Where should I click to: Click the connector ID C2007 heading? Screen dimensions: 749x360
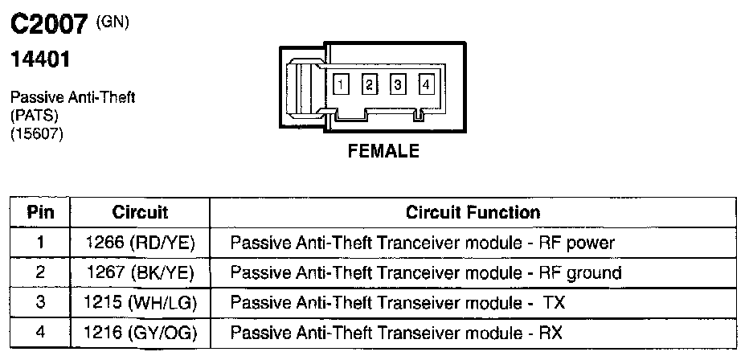(48, 26)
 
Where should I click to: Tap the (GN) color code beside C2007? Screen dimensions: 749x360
(113, 22)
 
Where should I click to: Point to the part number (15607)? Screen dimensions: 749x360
(36, 133)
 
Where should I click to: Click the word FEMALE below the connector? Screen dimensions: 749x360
(383, 151)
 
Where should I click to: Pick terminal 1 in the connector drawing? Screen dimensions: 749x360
(342, 84)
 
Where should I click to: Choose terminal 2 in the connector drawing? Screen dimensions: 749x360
(370, 84)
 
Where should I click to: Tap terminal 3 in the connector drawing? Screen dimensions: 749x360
(397, 84)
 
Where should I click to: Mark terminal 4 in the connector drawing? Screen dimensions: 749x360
(425, 84)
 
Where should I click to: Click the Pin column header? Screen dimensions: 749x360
(40, 213)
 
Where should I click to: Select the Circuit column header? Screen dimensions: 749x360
(140, 213)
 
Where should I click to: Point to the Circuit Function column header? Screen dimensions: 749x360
(473, 213)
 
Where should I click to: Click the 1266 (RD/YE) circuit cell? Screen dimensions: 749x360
(140, 243)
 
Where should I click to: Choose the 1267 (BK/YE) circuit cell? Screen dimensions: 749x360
(140, 273)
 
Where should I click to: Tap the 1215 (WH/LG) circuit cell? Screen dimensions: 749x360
(140, 303)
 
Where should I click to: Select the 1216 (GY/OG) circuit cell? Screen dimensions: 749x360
(140, 333)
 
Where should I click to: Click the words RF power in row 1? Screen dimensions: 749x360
(576, 243)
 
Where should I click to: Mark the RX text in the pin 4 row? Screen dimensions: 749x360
(550, 333)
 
